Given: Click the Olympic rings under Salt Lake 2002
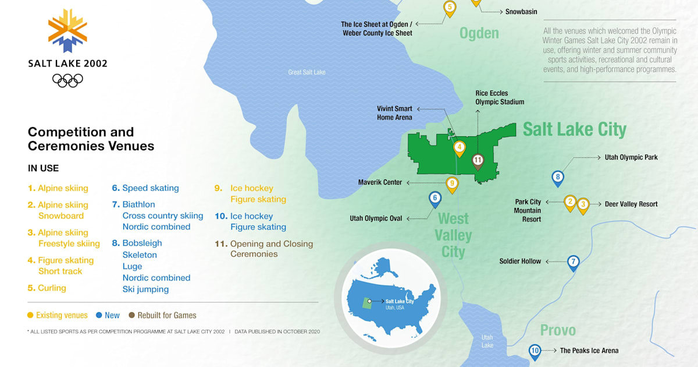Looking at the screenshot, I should (67, 80).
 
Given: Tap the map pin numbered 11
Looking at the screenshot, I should (478, 160).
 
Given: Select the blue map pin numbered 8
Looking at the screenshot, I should (558, 178).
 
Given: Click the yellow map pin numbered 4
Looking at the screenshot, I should (459, 148).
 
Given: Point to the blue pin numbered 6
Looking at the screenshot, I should (435, 199).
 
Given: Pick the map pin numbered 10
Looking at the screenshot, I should (535, 351).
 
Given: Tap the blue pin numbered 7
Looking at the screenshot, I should (574, 262).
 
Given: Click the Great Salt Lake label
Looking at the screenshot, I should (307, 72).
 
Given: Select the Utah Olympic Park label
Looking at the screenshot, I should (631, 157).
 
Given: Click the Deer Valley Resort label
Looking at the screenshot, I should (631, 204).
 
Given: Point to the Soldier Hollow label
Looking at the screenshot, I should (520, 261).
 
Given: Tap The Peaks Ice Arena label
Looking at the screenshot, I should (589, 351).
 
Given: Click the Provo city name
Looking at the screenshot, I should (558, 330).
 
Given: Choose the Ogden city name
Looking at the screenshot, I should (479, 33).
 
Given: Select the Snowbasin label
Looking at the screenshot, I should (521, 11).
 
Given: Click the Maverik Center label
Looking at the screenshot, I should (380, 182).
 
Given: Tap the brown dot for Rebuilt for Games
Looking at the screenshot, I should (132, 315).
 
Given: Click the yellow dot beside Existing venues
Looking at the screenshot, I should (30, 315).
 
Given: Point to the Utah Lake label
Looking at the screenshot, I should (487, 341).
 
